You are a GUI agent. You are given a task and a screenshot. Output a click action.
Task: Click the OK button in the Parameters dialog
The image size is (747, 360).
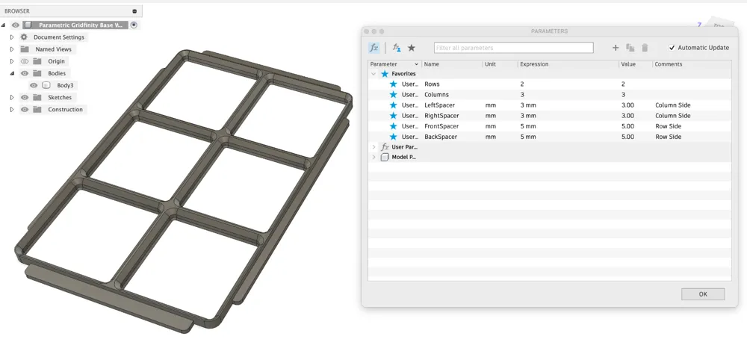(x=703, y=294)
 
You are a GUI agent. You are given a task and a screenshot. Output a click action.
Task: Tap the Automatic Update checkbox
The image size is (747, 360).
(x=672, y=48)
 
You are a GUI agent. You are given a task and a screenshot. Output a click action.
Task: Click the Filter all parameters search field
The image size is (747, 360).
(x=513, y=48)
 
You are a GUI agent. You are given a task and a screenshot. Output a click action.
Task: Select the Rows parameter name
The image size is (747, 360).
(x=432, y=84)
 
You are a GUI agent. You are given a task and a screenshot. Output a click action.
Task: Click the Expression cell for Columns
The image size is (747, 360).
(x=522, y=95)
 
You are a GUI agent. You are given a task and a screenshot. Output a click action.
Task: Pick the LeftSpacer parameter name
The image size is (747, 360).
(x=439, y=105)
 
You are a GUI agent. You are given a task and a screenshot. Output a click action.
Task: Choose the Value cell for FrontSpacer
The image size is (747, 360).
(x=627, y=126)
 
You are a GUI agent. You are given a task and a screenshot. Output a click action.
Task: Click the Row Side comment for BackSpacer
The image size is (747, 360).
(x=669, y=137)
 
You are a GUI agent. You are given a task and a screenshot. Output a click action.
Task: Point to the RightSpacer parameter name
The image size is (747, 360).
(x=441, y=116)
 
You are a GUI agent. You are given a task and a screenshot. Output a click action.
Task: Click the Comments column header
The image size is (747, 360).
(x=669, y=64)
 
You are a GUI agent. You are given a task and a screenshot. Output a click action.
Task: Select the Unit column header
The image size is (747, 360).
(x=491, y=64)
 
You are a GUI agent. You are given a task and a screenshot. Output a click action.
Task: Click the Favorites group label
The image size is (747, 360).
(x=403, y=74)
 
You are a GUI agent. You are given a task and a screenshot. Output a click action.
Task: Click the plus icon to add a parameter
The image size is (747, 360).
(x=616, y=48)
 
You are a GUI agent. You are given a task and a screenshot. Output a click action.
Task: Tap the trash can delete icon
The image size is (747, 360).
(x=645, y=48)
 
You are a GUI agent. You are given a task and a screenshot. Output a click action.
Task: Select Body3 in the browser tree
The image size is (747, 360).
(x=65, y=85)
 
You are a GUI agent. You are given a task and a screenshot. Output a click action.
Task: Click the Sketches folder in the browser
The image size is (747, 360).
(x=60, y=97)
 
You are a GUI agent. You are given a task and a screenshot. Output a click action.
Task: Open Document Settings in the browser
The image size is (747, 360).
(x=59, y=37)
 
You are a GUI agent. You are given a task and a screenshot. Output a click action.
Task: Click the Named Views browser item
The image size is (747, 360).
(x=54, y=49)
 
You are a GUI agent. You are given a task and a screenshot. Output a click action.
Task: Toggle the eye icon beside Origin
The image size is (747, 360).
(x=25, y=61)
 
